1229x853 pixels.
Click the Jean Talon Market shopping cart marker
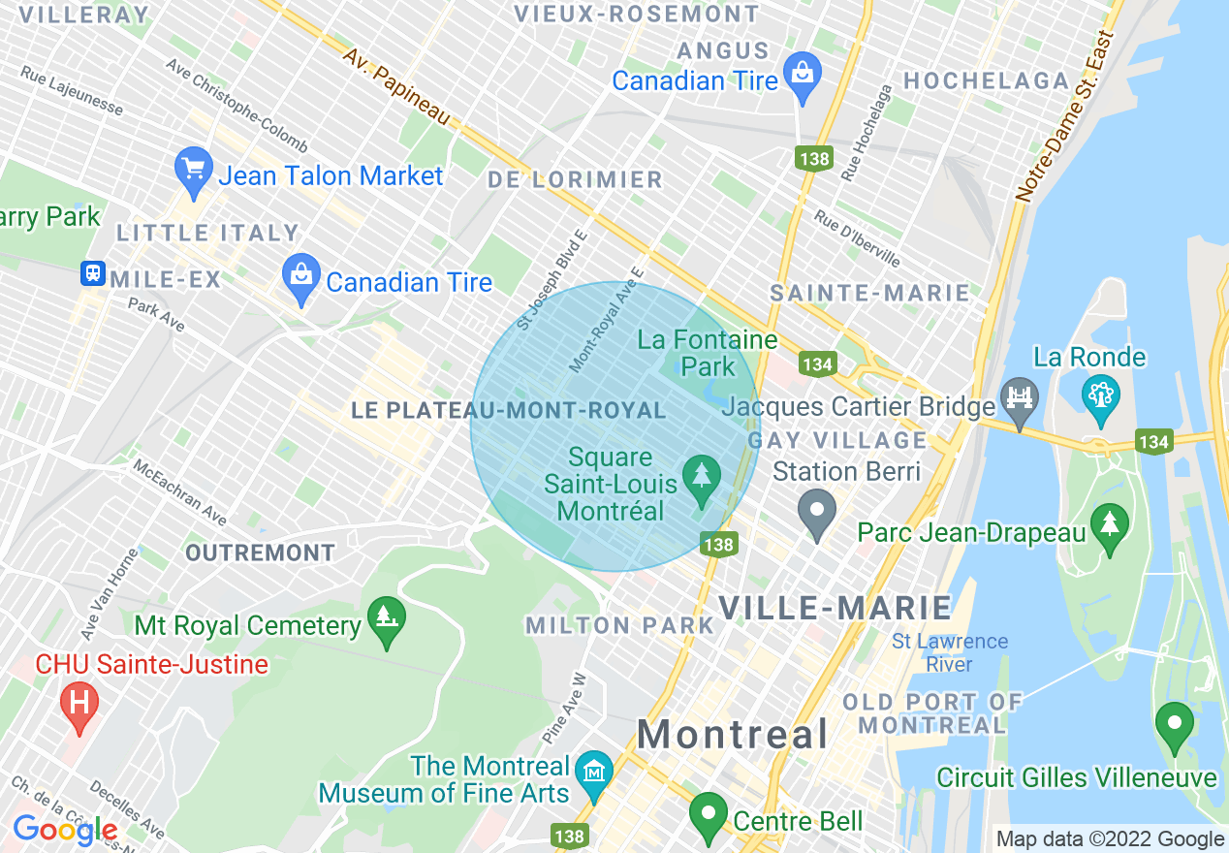(193, 170)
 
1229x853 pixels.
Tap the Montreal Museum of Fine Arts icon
(593, 772)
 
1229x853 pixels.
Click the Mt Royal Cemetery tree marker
(387, 618)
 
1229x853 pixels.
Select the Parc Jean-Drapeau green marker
(1109, 524)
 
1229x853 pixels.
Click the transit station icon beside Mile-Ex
(93, 273)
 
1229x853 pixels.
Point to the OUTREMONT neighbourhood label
(260, 553)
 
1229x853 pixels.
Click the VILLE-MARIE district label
(835, 608)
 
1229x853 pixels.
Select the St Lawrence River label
(949, 652)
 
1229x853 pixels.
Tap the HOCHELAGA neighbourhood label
(986, 80)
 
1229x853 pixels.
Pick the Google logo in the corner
(65, 830)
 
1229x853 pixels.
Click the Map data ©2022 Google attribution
(1110, 839)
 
